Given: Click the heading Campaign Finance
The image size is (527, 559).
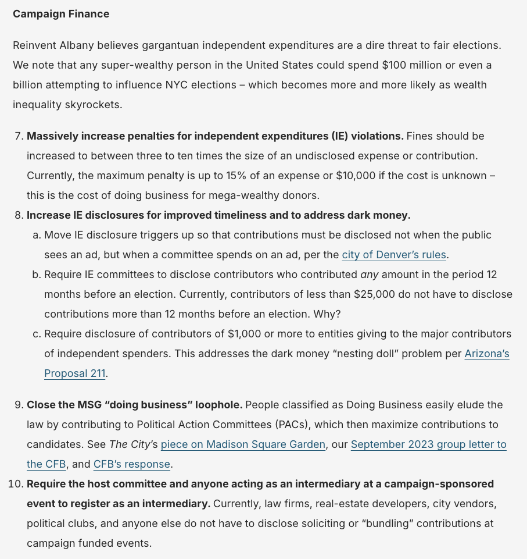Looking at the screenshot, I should tap(61, 14).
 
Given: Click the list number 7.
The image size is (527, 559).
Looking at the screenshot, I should tap(18, 136).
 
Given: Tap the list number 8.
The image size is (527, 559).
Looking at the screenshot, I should tap(18, 215).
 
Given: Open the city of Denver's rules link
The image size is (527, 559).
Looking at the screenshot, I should tap(395, 255).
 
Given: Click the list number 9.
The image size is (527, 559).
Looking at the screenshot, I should tap(18, 405).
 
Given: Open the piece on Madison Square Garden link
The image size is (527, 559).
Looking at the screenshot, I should tap(243, 444).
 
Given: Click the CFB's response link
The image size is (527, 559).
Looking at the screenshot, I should tap(132, 464).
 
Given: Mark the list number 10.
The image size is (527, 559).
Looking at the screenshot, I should tap(16, 484).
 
